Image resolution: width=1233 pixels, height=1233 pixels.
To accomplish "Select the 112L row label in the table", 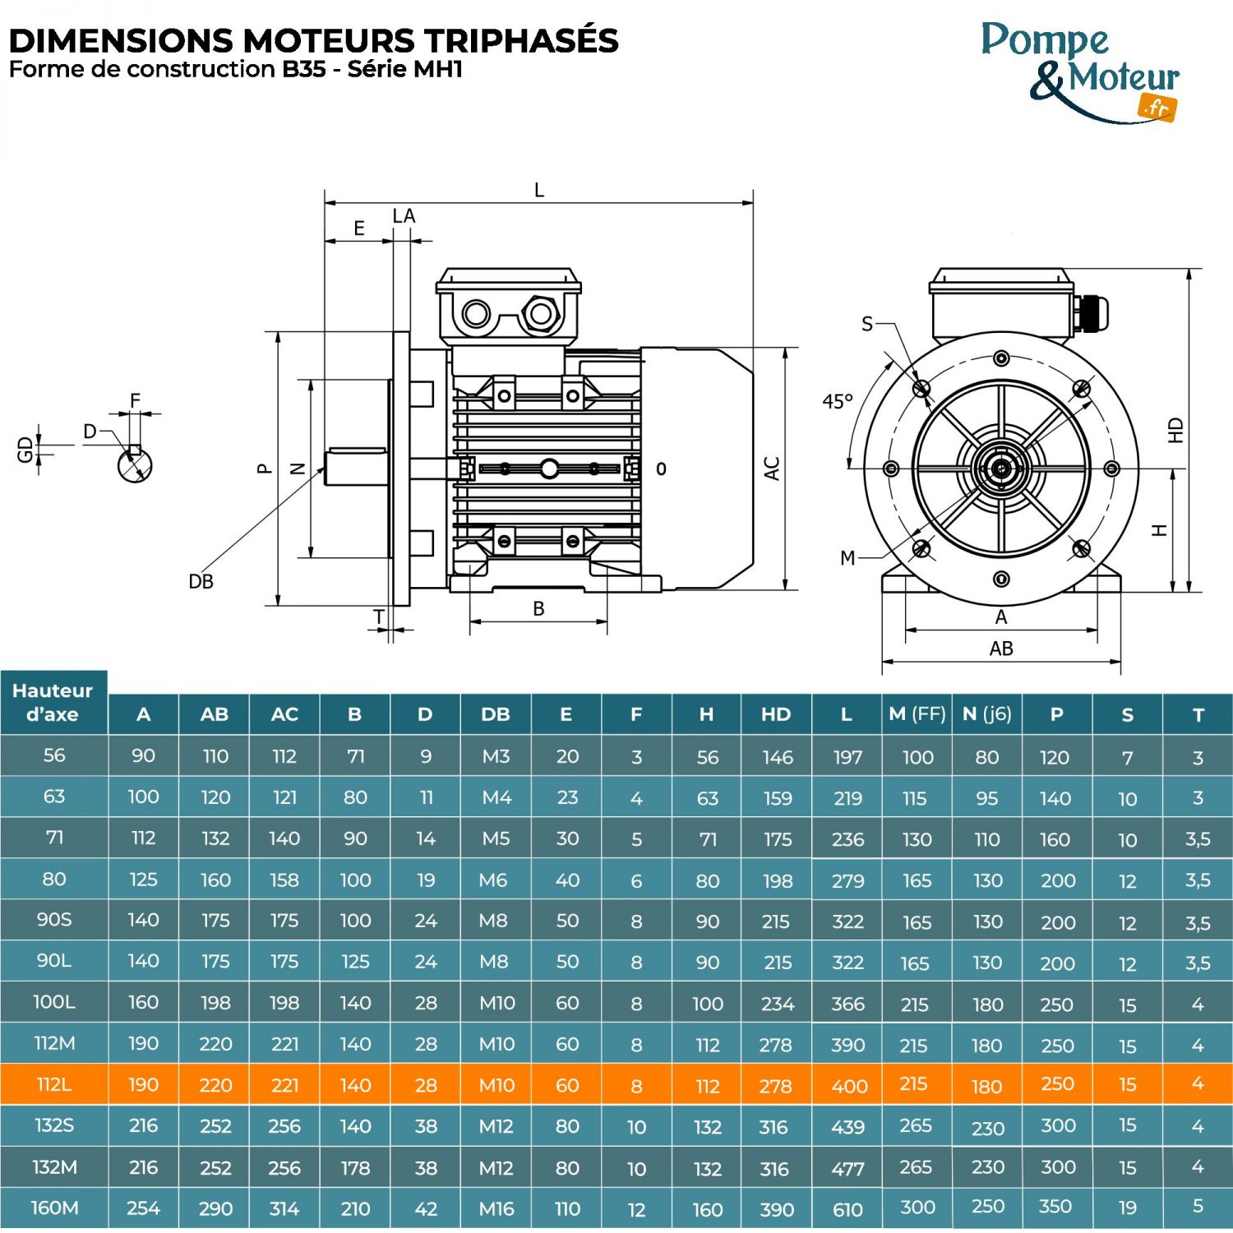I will click(54, 1084).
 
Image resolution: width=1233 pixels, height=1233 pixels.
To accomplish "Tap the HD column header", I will click(776, 714).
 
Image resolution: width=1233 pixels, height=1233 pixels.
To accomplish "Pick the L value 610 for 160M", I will click(847, 1209).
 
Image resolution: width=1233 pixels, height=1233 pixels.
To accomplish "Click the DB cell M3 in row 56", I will click(496, 756).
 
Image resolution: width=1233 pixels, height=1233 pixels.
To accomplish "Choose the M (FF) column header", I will click(917, 714).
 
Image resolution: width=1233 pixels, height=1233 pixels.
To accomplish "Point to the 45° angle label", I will click(838, 401).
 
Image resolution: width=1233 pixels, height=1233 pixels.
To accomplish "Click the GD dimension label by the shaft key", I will click(25, 449).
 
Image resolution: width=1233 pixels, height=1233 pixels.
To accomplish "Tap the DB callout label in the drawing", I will click(201, 581).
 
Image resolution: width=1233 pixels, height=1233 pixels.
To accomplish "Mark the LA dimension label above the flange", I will click(404, 216).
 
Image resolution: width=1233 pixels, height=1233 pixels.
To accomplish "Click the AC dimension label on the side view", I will click(772, 469).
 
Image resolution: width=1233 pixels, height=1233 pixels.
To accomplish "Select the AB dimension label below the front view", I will click(1001, 649).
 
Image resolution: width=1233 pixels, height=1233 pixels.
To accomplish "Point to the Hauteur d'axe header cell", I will click(53, 702).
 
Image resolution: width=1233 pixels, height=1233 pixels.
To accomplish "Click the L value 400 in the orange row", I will click(848, 1086).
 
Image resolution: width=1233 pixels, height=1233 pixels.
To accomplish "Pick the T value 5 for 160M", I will click(1198, 1206).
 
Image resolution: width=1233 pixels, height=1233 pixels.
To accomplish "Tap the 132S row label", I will click(54, 1125).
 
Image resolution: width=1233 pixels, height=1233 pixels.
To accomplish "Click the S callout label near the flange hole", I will click(867, 324).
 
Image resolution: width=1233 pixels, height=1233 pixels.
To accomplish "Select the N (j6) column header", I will click(987, 714).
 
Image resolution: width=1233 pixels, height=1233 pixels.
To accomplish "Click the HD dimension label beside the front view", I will click(1175, 430).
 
